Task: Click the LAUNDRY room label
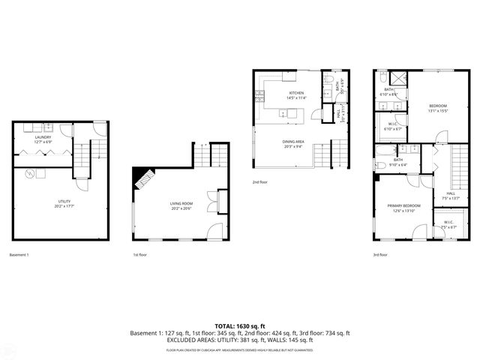42,139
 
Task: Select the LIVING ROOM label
181,205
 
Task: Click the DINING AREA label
292,145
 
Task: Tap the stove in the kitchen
259,95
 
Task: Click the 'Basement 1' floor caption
19,255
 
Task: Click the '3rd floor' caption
381,255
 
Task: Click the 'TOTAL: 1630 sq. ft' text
240,326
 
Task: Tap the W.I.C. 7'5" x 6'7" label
448,223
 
